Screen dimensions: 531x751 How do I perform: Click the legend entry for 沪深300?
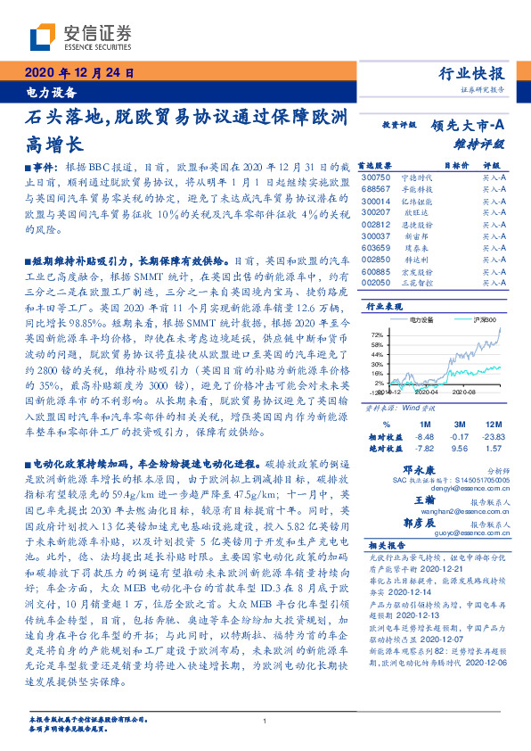tap(481, 318)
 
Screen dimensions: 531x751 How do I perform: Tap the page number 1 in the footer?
tap(265, 722)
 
